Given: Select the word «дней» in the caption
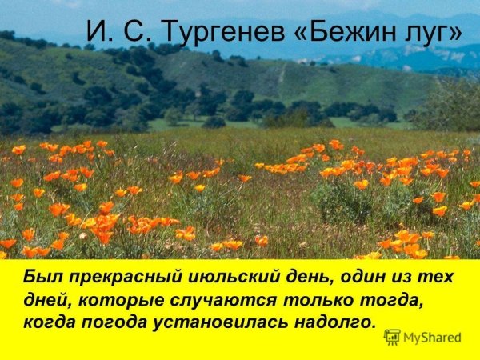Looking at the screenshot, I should pos(45,301).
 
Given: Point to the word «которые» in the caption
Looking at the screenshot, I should pos(118,301).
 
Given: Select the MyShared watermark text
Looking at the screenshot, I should pos(433,338).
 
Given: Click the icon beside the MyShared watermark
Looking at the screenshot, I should pos(392,337).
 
